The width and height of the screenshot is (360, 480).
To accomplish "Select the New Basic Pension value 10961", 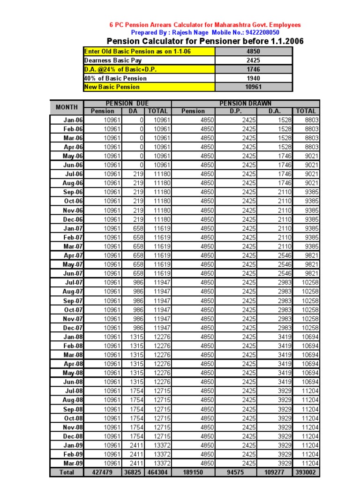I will tap(253, 87).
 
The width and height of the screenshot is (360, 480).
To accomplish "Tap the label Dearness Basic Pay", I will tap(112, 60).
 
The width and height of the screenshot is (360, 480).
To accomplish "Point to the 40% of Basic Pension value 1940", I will tap(253, 78).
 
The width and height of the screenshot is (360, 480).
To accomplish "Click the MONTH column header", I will tap(67, 107).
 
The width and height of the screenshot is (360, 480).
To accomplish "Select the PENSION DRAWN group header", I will tap(245, 103).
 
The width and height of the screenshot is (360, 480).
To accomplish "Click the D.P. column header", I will tap(235, 111).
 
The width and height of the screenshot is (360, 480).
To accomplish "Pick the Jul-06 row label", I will tap(73, 174).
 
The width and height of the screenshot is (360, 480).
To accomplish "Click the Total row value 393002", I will tap(306, 472).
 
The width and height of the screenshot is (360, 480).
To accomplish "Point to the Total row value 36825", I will tap(133, 472).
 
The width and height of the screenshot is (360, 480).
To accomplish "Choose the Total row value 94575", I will tap(235, 472).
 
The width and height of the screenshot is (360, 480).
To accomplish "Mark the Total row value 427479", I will tap(102, 472).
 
